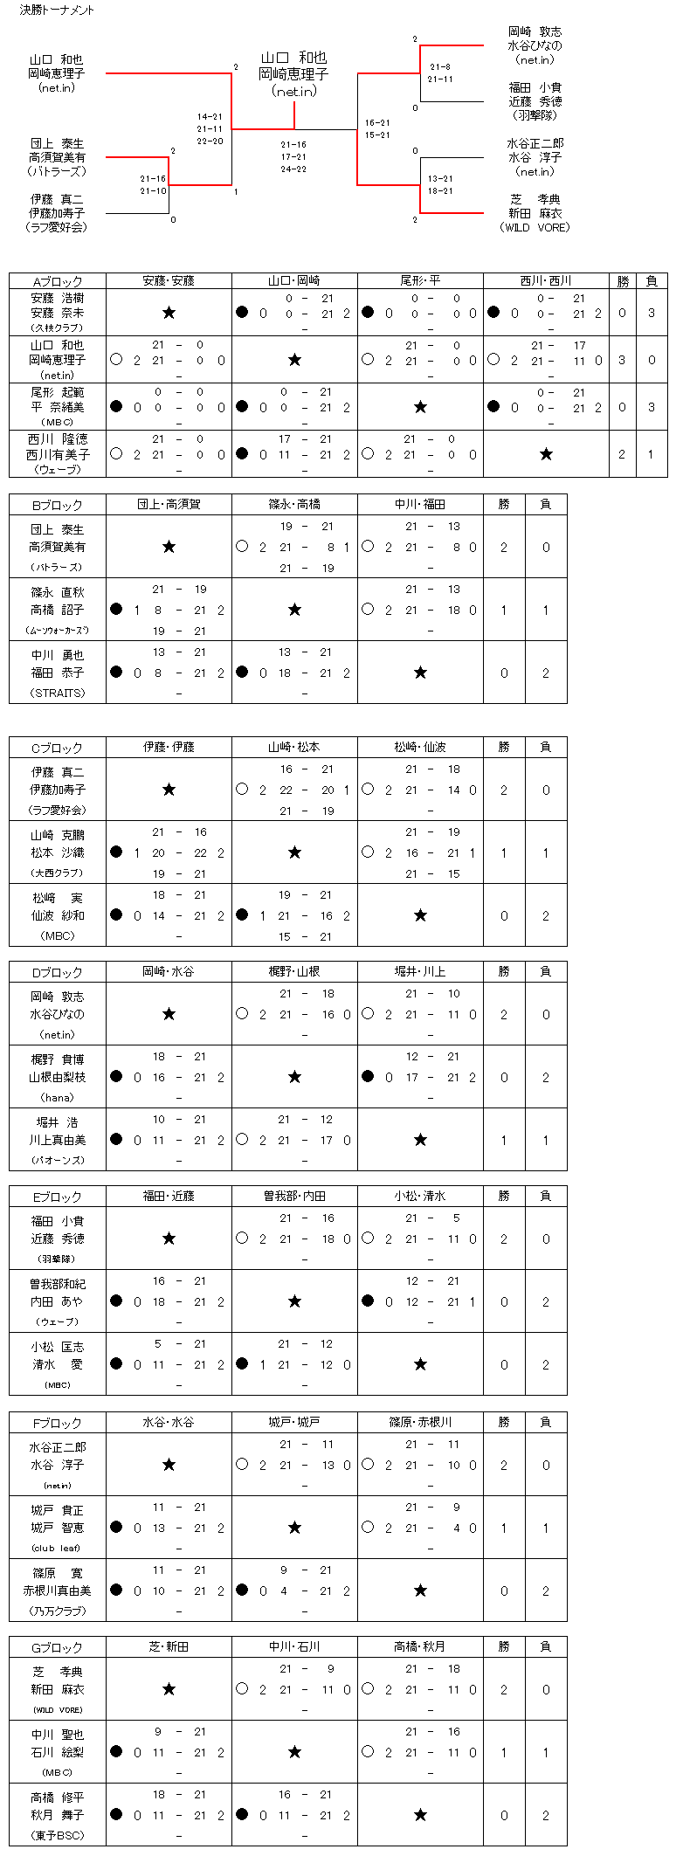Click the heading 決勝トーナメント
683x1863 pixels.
click(57, 10)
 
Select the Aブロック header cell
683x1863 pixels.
click(58, 281)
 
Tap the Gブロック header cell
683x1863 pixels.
click(58, 1646)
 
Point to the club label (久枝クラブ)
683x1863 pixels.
click(58, 328)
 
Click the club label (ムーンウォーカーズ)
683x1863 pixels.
click(58, 630)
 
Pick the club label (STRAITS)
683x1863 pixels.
click(58, 693)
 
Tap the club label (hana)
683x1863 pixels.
click(58, 1097)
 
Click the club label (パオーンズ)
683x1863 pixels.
click(58, 1160)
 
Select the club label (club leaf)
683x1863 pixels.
click(58, 1548)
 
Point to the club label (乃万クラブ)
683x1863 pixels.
click(58, 1611)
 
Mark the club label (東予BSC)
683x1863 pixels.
click(58, 1835)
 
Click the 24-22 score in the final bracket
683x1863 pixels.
click(293, 169)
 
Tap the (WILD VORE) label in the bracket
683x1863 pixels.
click(535, 227)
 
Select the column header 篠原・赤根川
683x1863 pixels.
click(420, 1422)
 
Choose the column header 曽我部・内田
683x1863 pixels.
click(294, 1197)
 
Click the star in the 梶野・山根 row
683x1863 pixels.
click(294, 1077)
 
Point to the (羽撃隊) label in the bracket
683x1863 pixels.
click(535, 115)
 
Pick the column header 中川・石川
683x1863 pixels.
click(294, 1646)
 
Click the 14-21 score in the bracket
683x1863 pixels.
click(210, 117)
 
